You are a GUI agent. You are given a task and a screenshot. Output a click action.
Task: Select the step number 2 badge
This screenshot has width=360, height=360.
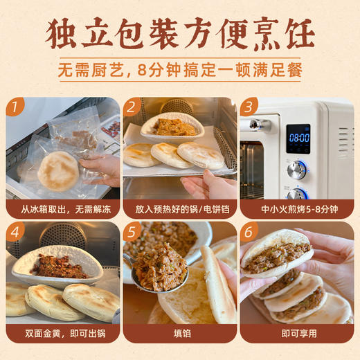pyautogui.click(x=132, y=107)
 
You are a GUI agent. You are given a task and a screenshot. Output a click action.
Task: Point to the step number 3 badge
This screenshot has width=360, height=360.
pyautogui.click(x=249, y=107)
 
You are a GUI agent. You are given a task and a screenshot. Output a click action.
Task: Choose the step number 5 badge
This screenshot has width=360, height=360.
pyautogui.click(x=132, y=231)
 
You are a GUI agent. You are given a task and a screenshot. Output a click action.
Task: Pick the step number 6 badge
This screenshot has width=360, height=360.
pyautogui.click(x=249, y=231)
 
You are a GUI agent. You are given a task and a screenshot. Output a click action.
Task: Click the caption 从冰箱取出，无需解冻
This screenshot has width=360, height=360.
pyautogui.click(x=63, y=208)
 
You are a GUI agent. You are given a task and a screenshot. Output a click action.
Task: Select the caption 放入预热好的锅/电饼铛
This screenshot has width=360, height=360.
pyautogui.click(x=180, y=208)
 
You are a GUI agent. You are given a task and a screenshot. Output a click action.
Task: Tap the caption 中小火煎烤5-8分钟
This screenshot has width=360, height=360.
pyautogui.click(x=297, y=208)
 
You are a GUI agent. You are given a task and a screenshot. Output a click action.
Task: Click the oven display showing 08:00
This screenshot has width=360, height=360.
pyautogui.click(x=298, y=137)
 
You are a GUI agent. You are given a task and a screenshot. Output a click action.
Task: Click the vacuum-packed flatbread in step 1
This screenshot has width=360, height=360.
pyautogui.click(x=58, y=170)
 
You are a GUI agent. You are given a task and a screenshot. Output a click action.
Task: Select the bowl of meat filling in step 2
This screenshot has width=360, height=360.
pyautogui.click(x=172, y=127)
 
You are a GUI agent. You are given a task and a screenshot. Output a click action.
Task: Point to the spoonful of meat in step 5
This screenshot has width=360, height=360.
pyautogui.click(x=159, y=266)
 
